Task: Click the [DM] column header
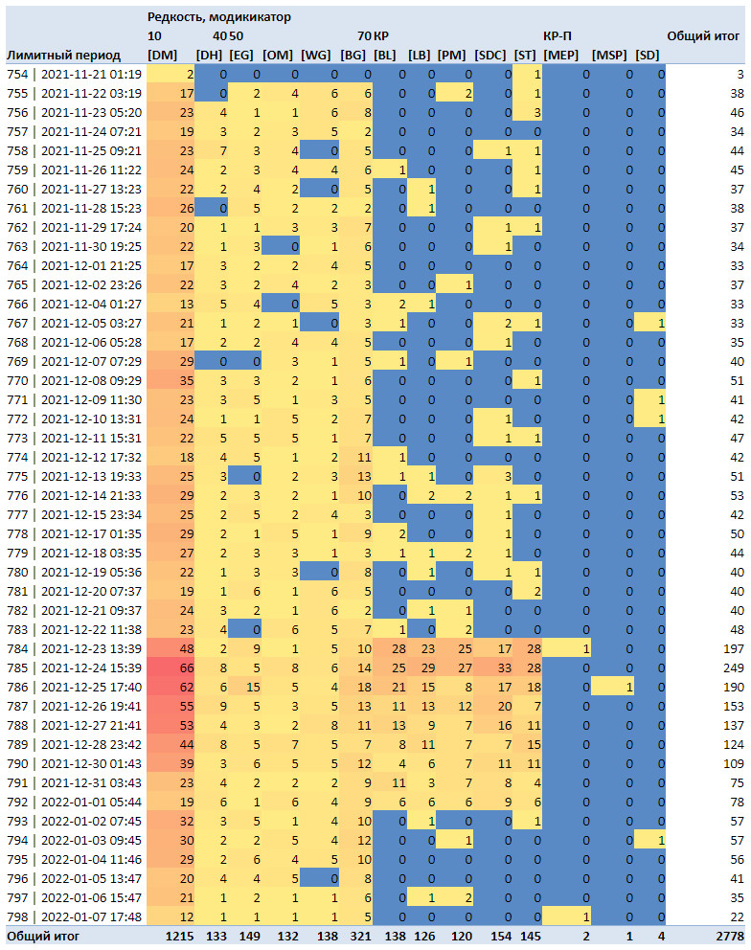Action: pos(163,56)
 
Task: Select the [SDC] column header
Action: pos(489,56)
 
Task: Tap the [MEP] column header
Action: pos(560,56)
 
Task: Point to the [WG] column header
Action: pos(316,56)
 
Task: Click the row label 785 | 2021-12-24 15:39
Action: pos(75,667)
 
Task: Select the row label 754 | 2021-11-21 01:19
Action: pos(75,74)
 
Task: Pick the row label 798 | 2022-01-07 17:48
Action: pos(75,916)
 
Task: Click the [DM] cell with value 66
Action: pos(186,667)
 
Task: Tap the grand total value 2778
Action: pos(729,936)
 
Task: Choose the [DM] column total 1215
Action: pos(179,936)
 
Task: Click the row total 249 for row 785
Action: pos(734,667)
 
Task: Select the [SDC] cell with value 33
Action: pos(504,667)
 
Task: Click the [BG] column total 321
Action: pos(360,936)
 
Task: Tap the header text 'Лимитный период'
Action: pos(63,56)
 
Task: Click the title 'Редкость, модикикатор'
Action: pos(218,17)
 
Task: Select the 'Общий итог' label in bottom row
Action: pos(43,936)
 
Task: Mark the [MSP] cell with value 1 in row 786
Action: pos(629,687)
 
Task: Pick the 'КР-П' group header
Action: pos(558,35)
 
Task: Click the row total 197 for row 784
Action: pos(734,649)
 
